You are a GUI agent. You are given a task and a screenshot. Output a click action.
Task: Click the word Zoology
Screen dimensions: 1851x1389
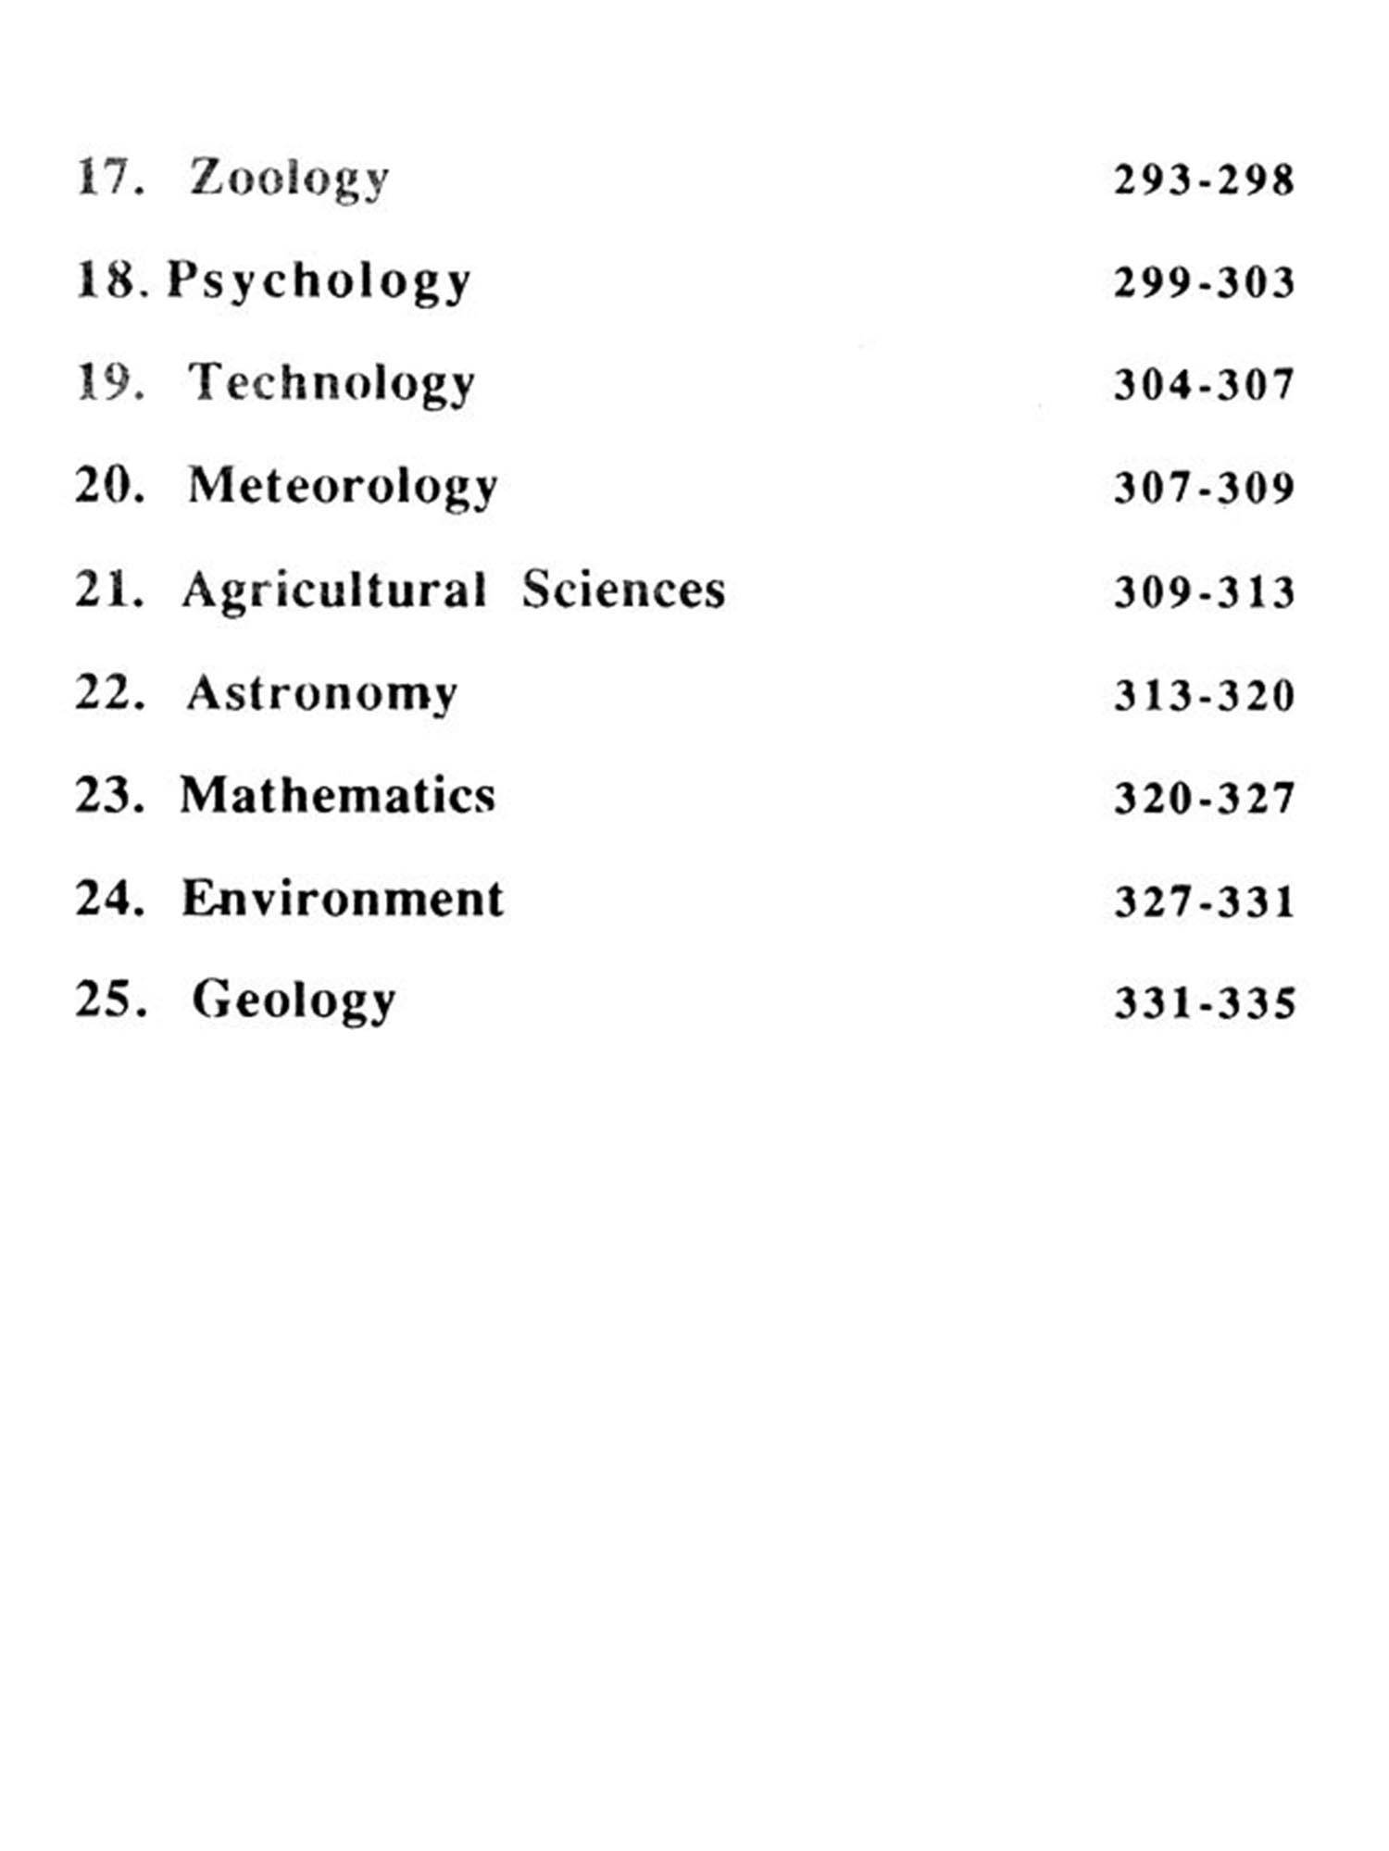pos(289,179)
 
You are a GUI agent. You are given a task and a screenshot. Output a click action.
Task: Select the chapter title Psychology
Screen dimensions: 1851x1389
pos(319,281)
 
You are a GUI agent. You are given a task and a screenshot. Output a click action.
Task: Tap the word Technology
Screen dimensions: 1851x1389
pos(332,384)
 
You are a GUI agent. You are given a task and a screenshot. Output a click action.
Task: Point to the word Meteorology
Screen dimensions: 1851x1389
pos(343,487)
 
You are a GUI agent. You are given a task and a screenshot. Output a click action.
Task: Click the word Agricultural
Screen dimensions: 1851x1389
pos(334,590)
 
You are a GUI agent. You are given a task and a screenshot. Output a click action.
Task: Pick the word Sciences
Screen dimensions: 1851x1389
pos(623,590)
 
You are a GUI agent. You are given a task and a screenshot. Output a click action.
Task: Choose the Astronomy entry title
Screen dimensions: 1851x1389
pos(322,693)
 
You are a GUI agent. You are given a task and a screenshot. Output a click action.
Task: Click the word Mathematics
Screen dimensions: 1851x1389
pos(338,796)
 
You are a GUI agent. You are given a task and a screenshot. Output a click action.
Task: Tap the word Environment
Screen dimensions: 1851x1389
pos(343,899)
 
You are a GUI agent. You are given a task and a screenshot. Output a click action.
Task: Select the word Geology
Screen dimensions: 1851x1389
pos(294,1001)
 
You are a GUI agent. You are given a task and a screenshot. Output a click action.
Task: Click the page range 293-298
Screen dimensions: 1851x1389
pos(1204,180)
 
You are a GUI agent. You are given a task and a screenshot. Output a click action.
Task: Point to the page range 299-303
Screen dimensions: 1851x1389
pos(1204,282)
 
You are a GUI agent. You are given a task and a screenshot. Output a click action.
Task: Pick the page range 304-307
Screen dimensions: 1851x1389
pos(1204,385)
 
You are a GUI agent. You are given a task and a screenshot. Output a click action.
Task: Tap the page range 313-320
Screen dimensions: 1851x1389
pos(1204,695)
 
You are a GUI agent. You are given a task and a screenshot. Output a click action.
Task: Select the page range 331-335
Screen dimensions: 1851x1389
pos(1204,1003)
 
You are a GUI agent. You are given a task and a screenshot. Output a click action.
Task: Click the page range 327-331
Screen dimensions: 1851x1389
pos(1204,901)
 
